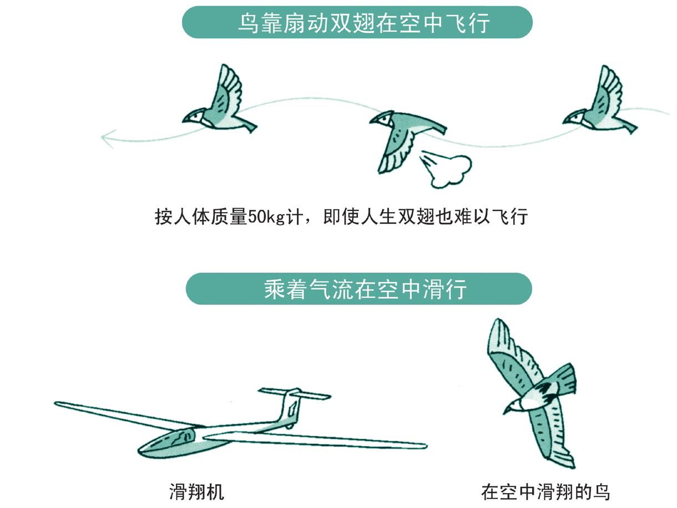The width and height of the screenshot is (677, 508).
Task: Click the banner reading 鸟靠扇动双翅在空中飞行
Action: click(357, 23)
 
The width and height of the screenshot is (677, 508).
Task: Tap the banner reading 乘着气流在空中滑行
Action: click(358, 289)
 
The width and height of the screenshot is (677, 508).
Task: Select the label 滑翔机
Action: click(196, 492)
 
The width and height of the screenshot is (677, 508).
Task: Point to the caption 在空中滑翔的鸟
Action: click(545, 492)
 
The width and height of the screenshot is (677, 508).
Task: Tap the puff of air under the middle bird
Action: click(447, 168)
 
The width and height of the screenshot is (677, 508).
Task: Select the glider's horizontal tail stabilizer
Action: click(295, 394)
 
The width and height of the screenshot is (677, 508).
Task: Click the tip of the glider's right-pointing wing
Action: click(425, 446)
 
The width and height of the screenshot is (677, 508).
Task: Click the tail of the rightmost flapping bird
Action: click(625, 127)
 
